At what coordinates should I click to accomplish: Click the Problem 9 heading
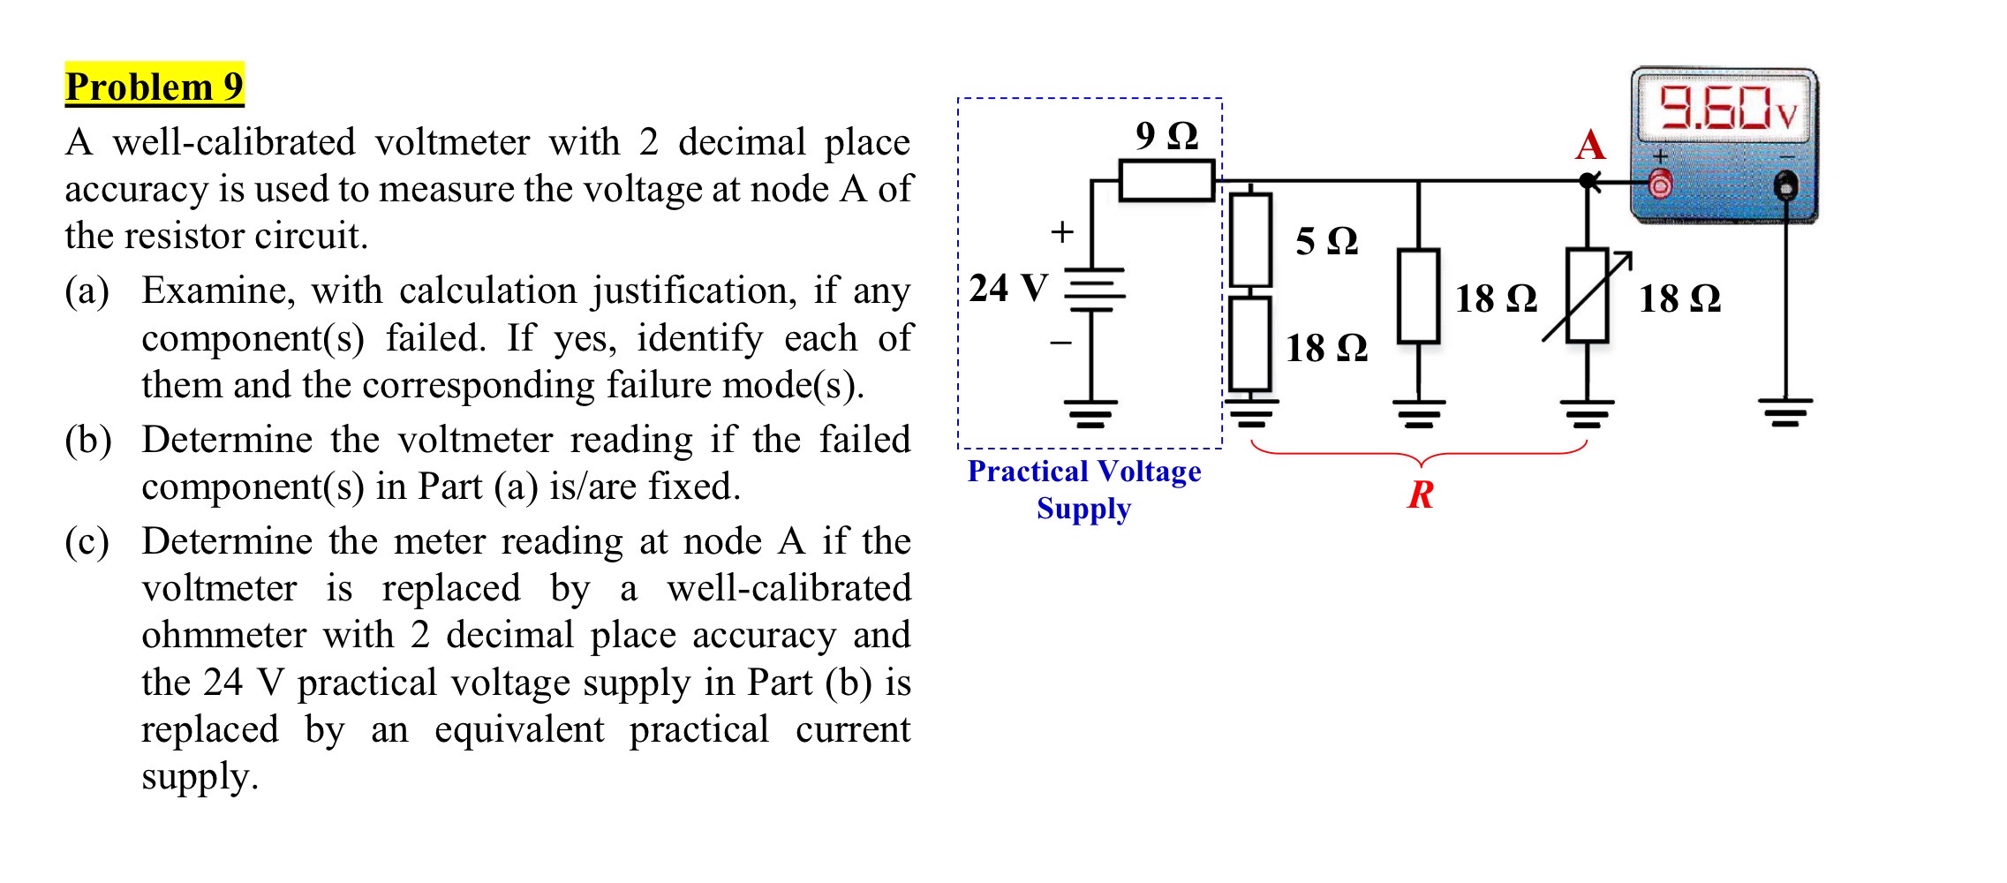(x=154, y=87)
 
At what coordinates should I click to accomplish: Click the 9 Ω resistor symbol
(x=1166, y=180)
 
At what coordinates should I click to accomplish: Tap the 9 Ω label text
(x=1166, y=136)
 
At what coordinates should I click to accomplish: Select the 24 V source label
(x=1008, y=288)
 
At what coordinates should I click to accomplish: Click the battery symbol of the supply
(x=1094, y=290)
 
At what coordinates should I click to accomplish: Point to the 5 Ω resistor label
(x=1326, y=241)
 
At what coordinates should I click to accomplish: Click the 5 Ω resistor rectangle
(x=1250, y=240)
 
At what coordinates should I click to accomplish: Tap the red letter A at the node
(x=1589, y=145)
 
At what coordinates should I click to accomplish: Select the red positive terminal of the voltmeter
(x=1660, y=185)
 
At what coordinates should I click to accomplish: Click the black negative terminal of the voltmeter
(x=1786, y=185)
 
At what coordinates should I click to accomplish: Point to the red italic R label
(x=1420, y=494)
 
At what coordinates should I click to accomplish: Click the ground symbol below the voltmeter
(x=1784, y=411)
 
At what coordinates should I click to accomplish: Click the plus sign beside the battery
(x=1061, y=232)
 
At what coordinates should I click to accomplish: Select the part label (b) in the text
(x=87, y=440)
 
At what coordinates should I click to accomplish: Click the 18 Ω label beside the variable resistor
(x=1679, y=298)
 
